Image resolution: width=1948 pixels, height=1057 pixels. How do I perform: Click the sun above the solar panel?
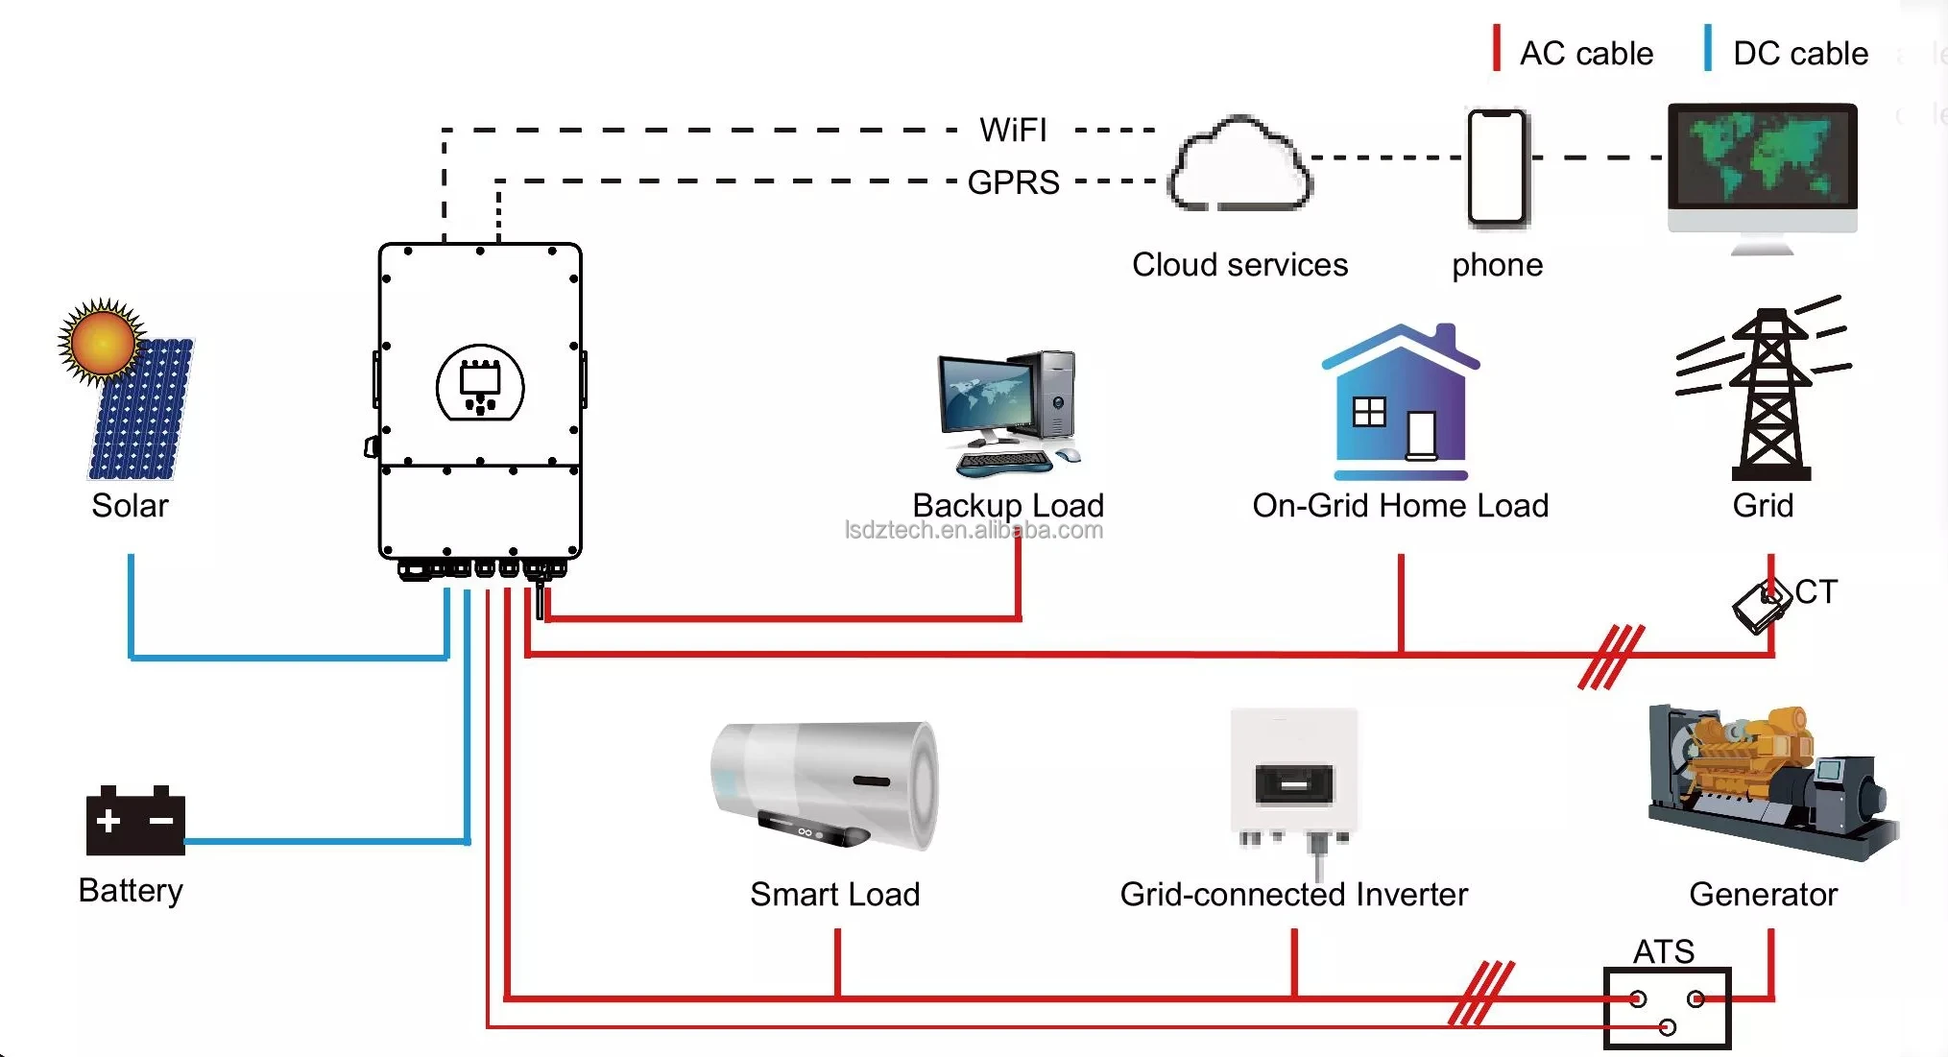pos(102,342)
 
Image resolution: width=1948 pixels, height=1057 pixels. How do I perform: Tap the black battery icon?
pos(134,822)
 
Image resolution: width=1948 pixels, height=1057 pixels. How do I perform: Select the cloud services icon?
pos(1239,166)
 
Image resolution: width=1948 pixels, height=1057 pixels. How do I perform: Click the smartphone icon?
pos(1497,168)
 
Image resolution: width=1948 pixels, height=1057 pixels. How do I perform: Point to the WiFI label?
pos(1013,130)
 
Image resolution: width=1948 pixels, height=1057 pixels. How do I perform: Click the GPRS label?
pos(1013,181)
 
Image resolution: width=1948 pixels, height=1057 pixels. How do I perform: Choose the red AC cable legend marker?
pos(1496,48)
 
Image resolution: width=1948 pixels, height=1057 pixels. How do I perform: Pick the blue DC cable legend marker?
pos(1708,48)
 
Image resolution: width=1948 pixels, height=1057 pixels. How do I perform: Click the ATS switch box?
pos(1667,1008)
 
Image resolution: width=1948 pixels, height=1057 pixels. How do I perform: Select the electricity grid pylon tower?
pos(1769,395)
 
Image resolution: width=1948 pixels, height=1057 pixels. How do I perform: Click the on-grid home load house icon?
pos(1401,403)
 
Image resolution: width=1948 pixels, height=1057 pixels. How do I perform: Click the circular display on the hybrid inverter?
pos(480,384)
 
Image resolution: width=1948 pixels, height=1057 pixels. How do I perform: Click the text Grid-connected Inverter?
pos(1293,895)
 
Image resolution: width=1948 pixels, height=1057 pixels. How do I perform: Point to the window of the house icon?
pos(1369,412)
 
